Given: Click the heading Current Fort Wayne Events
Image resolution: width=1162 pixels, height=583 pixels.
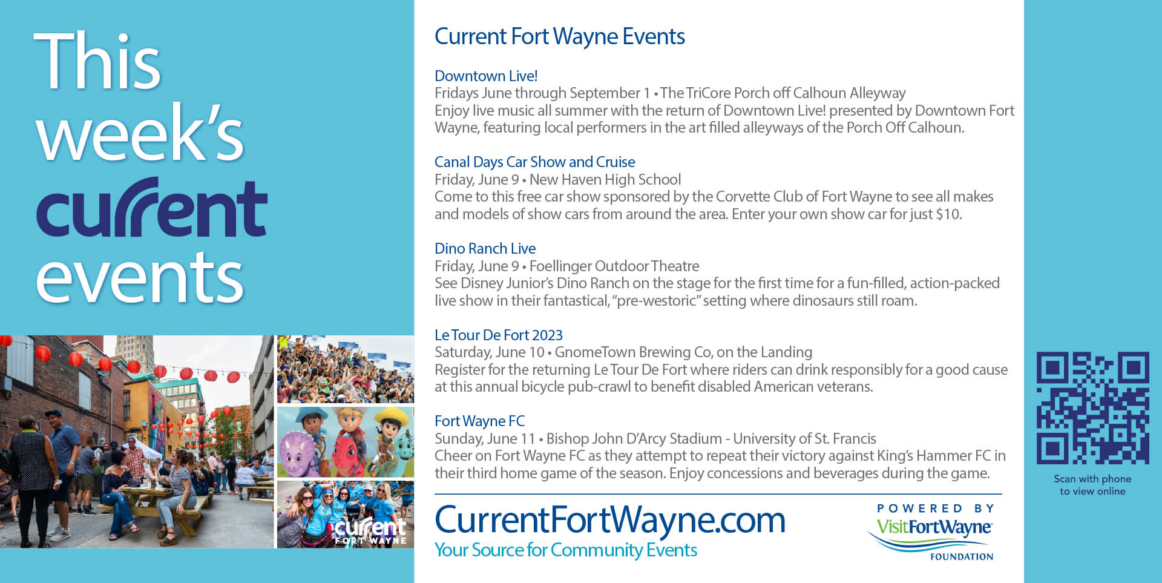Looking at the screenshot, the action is point(560,37).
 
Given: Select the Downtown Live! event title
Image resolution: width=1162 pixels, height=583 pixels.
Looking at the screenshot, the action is point(486,76).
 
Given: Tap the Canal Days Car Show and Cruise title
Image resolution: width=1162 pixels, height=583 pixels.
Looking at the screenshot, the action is point(535,162).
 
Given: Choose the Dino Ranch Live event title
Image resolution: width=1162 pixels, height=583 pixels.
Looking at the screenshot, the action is point(485,249).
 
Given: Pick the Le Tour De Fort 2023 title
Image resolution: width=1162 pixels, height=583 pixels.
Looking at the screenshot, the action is point(499,335).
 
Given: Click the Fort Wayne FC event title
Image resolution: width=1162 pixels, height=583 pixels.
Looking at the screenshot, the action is point(480,421).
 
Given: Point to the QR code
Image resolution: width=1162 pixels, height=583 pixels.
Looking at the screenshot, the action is point(1093,408).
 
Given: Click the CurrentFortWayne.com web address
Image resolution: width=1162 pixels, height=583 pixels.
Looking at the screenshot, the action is point(610,520).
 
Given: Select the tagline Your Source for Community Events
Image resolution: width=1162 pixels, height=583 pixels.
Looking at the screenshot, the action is point(566,550).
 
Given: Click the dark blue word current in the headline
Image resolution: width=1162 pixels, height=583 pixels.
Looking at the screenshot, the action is point(152,208).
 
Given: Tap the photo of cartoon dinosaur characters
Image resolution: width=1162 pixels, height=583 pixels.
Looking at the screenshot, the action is point(346,442).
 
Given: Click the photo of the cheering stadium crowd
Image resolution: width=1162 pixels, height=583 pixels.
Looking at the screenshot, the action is point(346,369).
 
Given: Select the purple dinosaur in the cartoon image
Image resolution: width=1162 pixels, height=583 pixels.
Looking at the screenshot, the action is point(299,453).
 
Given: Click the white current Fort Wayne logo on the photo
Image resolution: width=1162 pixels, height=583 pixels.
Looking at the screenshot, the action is point(370,531).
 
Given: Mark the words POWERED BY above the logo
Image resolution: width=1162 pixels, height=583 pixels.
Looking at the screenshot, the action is point(936,509).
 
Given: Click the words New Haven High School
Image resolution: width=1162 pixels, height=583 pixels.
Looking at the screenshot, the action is point(605,180).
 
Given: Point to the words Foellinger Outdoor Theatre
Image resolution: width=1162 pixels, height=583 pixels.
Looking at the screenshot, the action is point(614,266).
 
